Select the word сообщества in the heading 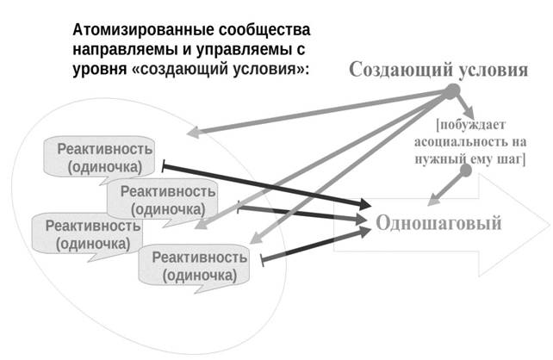point(264,31)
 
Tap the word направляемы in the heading point(125,50)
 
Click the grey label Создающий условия point(438,70)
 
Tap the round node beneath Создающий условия point(451,91)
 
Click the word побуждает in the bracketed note point(471,125)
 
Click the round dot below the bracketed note point(466,171)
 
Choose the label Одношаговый point(438,223)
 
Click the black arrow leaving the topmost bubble point(267,185)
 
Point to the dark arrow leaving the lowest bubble point(316,245)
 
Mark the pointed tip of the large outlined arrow point(550,225)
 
